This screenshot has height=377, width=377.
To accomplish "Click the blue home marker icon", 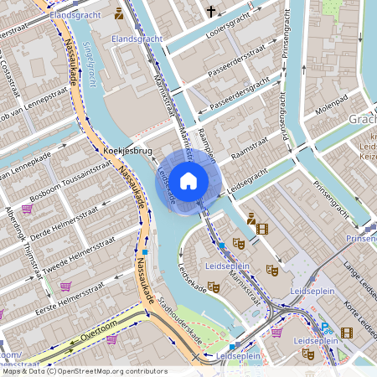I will pos(188,180).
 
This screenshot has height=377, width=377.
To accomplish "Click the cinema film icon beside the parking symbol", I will pos(347,333).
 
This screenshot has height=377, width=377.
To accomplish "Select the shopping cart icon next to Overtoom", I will pos(111,338).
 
